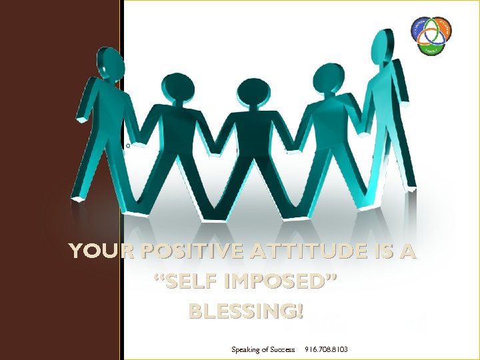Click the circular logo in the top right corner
[x=431, y=35]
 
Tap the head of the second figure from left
[x=177, y=89]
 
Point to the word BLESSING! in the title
[x=246, y=311]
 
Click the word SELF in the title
[x=184, y=282]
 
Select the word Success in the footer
[x=281, y=349]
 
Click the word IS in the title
[x=374, y=252]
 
